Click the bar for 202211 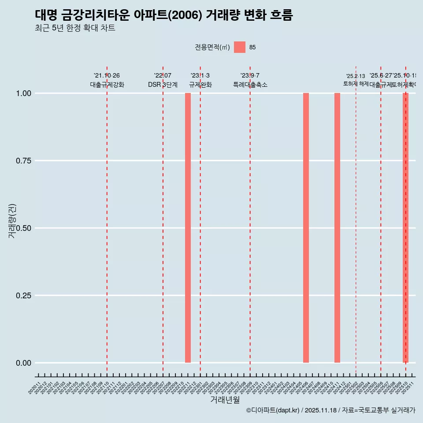click(188, 228)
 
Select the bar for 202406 click(306, 228)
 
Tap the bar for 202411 click(337, 228)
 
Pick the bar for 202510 click(405, 228)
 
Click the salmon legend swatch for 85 click(240, 47)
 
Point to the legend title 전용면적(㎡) click(212, 47)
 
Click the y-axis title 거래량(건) click(12, 221)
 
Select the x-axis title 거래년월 click(225, 400)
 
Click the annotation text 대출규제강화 click(107, 85)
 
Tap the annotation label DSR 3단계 click(163, 85)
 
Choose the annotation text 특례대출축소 click(250, 85)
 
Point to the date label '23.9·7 click(250, 76)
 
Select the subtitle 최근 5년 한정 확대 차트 click(75, 28)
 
